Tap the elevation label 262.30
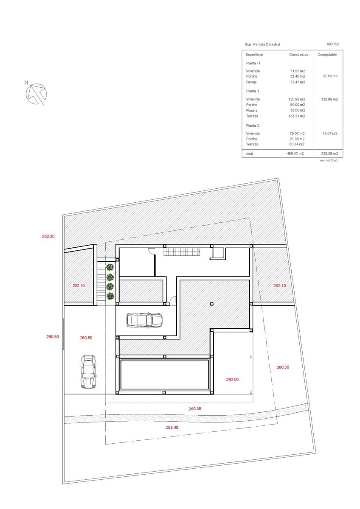(x=48, y=236)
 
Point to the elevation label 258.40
(x=172, y=428)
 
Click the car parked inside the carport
(x=144, y=320)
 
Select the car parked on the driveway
(x=88, y=372)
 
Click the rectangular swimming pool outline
(x=164, y=375)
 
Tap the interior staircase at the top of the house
(x=182, y=252)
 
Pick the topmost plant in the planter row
(x=110, y=267)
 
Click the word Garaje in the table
(x=251, y=82)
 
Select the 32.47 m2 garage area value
(x=298, y=82)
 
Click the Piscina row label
(x=252, y=110)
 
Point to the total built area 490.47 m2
(x=295, y=154)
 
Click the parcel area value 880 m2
(x=333, y=44)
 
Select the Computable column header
(x=327, y=55)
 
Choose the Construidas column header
(x=299, y=55)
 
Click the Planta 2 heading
(x=253, y=126)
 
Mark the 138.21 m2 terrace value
(x=297, y=116)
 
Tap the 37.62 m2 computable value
(x=330, y=76)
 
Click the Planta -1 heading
(x=253, y=63)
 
